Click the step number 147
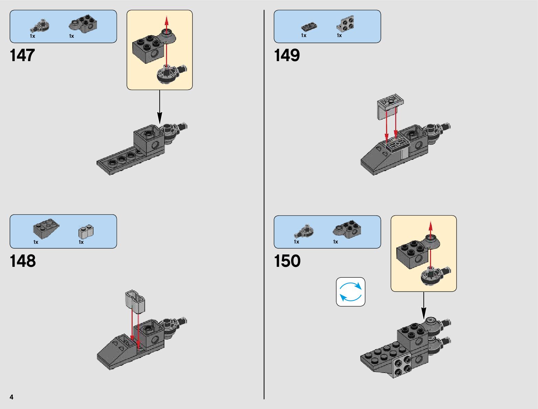pyautogui.click(x=23, y=55)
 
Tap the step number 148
pyautogui.click(x=23, y=261)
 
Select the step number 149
pyautogui.click(x=287, y=55)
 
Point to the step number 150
pyautogui.click(x=287, y=261)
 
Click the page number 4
pyautogui.click(x=12, y=397)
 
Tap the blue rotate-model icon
pyautogui.click(x=350, y=292)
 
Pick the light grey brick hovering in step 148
pyautogui.click(x=135, y=301)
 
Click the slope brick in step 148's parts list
pyautogui.click(x=46, y=229)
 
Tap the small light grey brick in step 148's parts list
pyautogui.click(x=86, y=232)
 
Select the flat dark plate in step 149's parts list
pyautogui.click(x=309, y=26)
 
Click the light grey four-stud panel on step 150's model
pyautogui.click(x=402, y=365)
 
